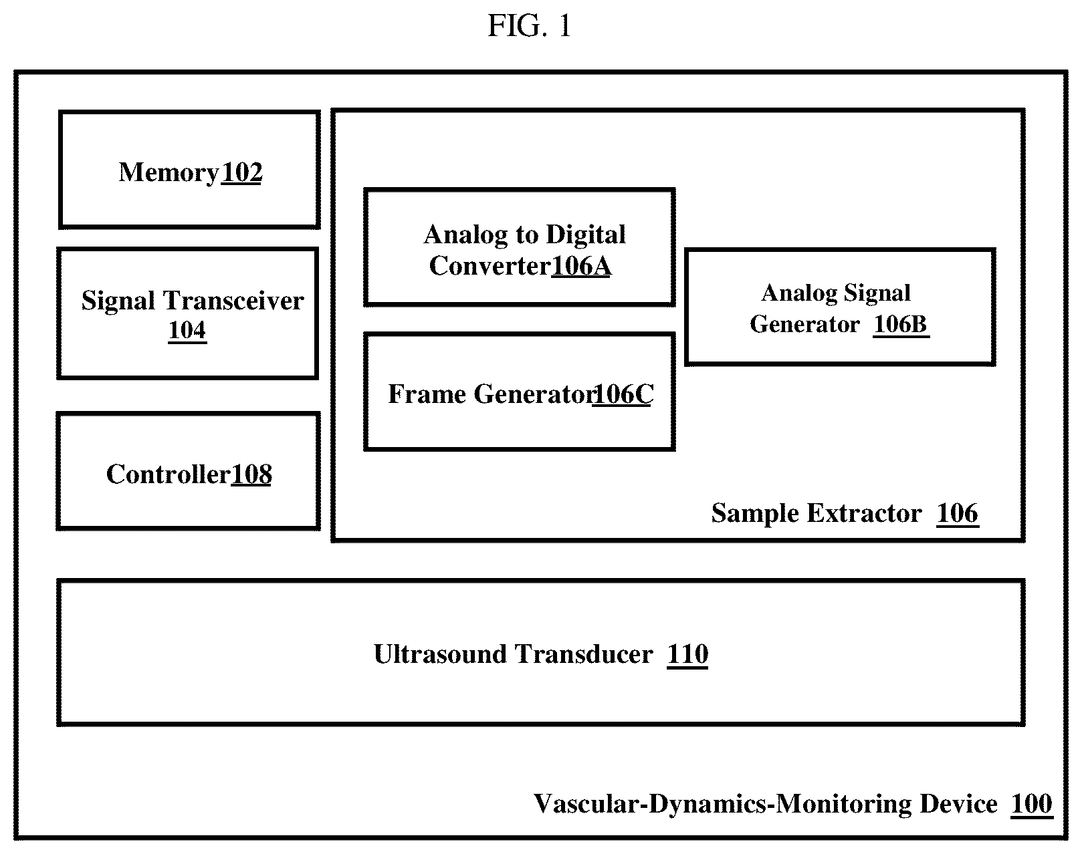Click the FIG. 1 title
pyautogui.click(x=530, y=25)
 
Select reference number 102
pyautogui.click(x=242, y=173)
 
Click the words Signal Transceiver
pyautogui.click(x=193, y=301)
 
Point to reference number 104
pyautogui.click(x=187, y=331)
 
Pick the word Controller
pyautogui.click(x=169, y=474)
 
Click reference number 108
pyautogui.click(x=251, y=474)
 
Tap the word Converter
pyautogui.click(x=490, y=266)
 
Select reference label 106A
pyautogui.click(x=582, y=266)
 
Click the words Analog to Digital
pyautogui.click(x=525, y=235)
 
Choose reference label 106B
pyautogui.click(x=901, y=325)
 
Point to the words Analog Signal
pyautogui.click(x=836, y=293)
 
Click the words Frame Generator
pyautogui.click(x=492, y=394)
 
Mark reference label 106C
pyautogui.click(x=623, y=394)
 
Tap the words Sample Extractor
pyautogui.click(x=817, y=513)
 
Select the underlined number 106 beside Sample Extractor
pyautogui.click(x=958, y=513)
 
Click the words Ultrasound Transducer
pyautogui.click(x=514, y=655)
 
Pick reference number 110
pyautogui.click(x=687, y=655)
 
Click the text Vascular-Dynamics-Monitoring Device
pyautogui.click(x=765, y=804)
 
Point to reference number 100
pyautogui.click(x=1031, y=804)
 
